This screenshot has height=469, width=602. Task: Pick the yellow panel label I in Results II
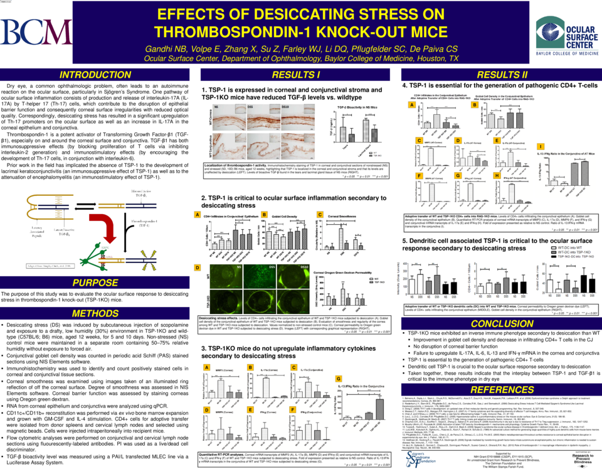click(541, 146)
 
